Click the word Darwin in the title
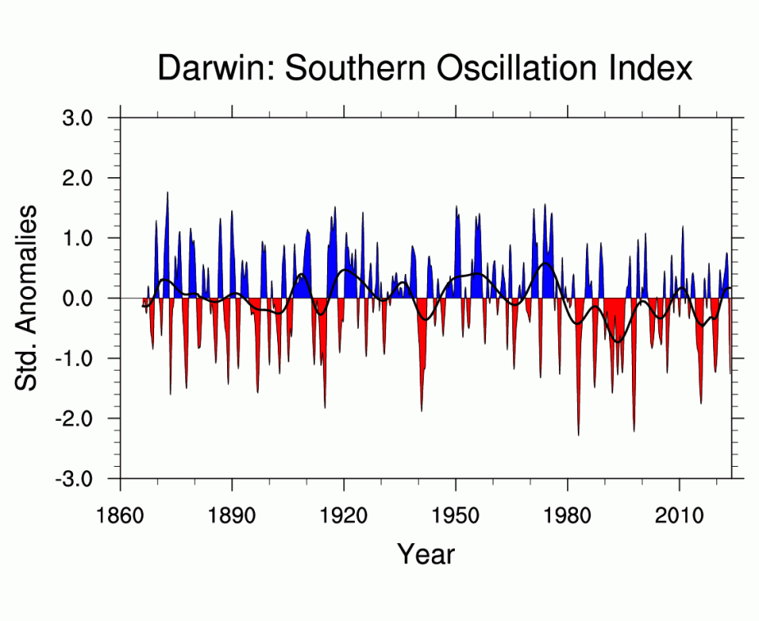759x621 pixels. coord(215,67)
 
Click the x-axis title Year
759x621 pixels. coord(425,554)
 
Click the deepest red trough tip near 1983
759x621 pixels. coord(579,435)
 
